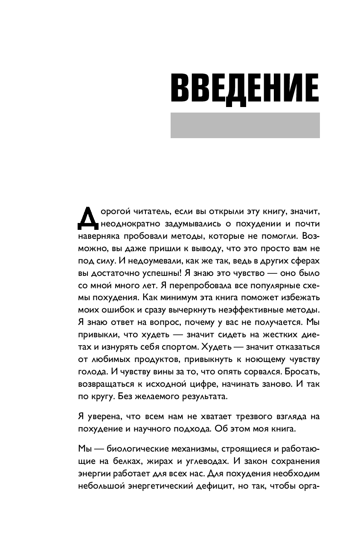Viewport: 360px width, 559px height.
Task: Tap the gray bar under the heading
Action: click(245, 125)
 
